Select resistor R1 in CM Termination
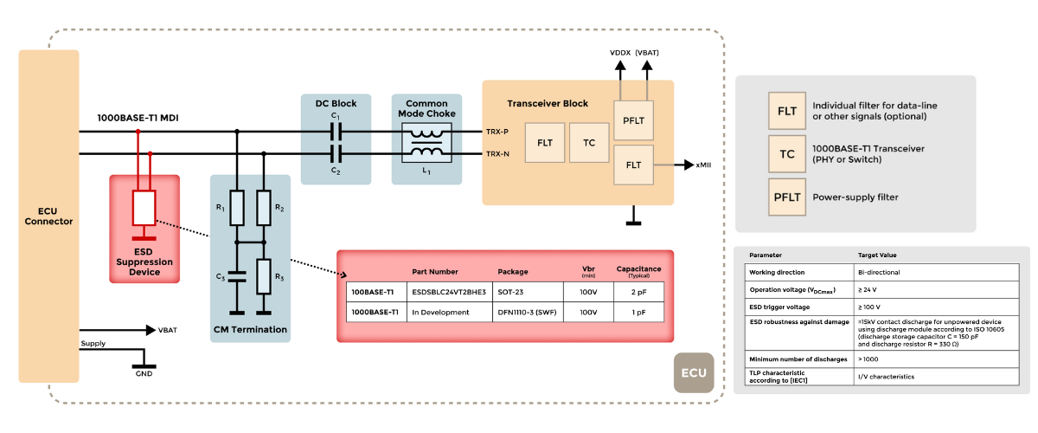coord(237,208)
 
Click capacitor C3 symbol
coord(237,280)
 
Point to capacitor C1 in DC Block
coord(336,132)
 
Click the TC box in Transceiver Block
coord(589,142)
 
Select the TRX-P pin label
coord(497,132)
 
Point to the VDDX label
coord(619,54)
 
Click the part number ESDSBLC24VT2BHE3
coord(449,292)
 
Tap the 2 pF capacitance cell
coord(638,292)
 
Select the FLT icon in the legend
coord(786,111)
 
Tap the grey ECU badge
coord(694,373)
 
